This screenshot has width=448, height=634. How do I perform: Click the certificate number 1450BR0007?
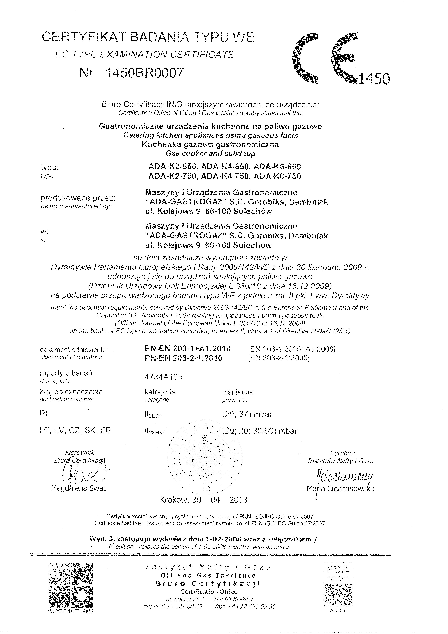(145, 73)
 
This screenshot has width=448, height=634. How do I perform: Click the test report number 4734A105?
(163, 377)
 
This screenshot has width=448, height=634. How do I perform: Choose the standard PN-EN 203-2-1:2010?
(184, 358)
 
